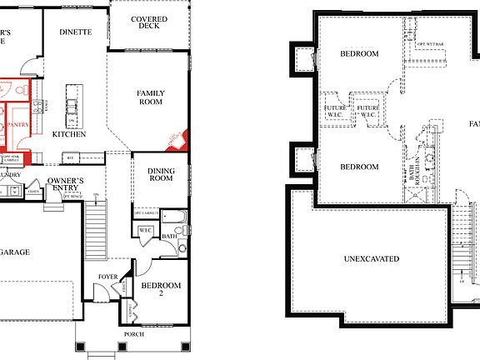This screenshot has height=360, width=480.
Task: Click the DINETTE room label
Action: coord(75,32)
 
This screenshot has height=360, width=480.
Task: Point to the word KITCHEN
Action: coord(69,133)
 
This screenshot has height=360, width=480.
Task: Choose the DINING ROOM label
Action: coord(154,173)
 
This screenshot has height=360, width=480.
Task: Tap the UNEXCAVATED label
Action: coord(371,259)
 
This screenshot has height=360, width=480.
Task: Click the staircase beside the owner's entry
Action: coord(97,223)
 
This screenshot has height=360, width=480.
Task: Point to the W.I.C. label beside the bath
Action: coord(144,230)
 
